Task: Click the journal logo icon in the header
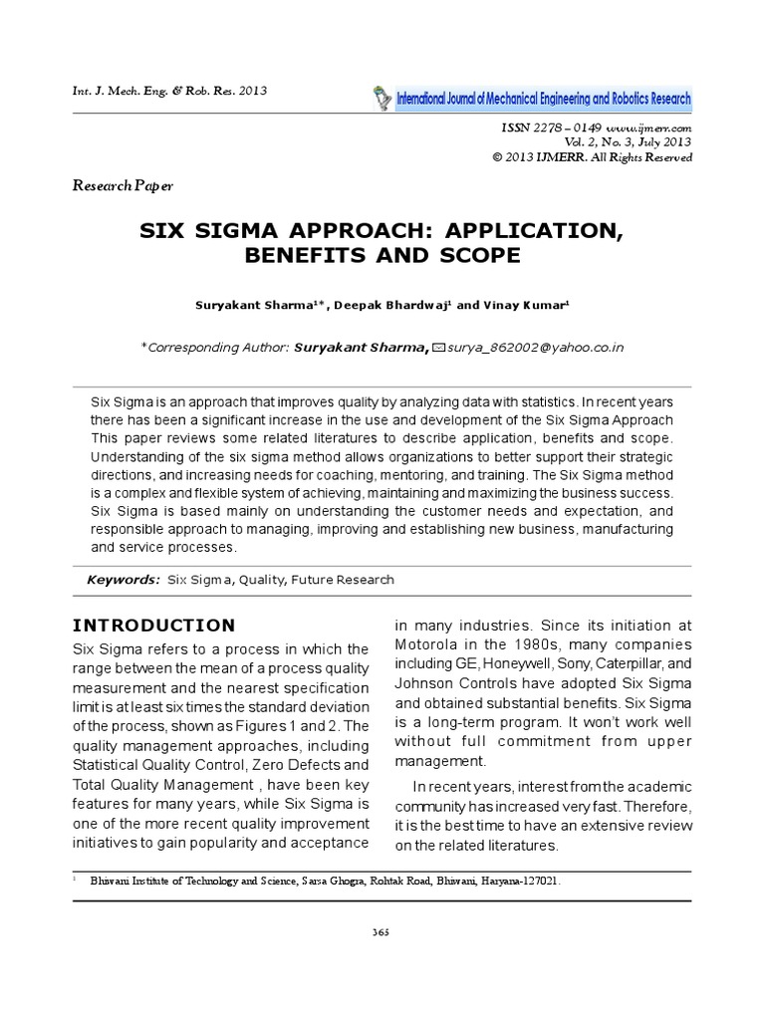tap(382, 98)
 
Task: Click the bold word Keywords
tap(124, 580)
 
